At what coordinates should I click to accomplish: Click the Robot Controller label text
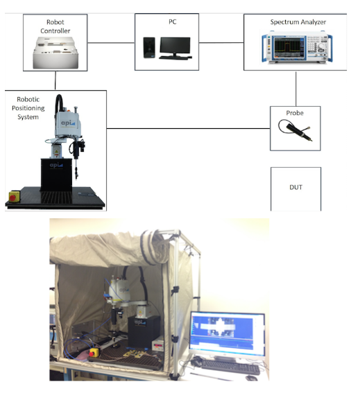55,26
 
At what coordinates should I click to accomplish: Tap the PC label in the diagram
172,21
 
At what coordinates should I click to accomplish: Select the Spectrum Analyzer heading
298,22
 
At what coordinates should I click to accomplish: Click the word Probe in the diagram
295,113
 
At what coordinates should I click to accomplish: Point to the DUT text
295,187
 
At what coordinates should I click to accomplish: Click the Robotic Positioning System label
28,108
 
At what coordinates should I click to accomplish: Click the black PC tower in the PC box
149,48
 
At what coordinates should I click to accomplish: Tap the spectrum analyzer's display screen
287,47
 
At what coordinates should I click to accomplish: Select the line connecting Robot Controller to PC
111,42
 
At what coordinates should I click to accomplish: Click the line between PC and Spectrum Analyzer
221,42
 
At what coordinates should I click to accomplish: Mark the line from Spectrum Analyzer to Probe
295,89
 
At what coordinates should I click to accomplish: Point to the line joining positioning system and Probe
189,129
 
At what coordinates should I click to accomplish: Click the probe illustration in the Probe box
295,130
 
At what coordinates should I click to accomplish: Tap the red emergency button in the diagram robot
12,198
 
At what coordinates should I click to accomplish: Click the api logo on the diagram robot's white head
68,123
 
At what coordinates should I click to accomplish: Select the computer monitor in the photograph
227,334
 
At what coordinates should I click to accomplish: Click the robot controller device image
55,53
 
